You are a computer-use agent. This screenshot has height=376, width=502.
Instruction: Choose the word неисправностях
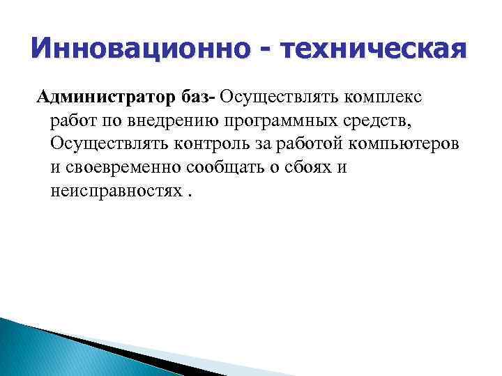tap(114, 191)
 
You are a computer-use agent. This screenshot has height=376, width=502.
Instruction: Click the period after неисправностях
tap(188, 194)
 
